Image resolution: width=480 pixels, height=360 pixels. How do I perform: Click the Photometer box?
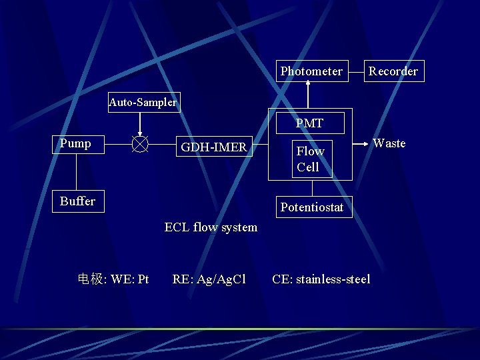pos(311,71)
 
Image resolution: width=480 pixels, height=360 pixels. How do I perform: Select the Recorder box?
pos(393,71)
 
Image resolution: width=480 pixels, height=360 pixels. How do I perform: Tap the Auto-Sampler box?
pos(143,102)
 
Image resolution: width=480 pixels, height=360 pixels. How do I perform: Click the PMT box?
pos(309,123)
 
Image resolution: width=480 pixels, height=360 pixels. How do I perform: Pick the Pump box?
pos(76,143)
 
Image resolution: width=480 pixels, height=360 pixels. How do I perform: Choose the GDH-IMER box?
pos(213,147)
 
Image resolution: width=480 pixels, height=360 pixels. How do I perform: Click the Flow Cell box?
pos(311,159)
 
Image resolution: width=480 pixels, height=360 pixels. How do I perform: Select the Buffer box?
pos(78,201)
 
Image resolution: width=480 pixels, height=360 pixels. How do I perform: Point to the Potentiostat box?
pos(311,207)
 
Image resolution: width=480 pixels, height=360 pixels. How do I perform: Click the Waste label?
pos(389,143)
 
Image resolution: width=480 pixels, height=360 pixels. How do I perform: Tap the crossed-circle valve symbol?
pos(140,143)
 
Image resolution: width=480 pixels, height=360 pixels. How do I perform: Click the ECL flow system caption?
pos(211,227)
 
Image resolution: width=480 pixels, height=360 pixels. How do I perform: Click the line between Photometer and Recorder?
pos(355,71)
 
